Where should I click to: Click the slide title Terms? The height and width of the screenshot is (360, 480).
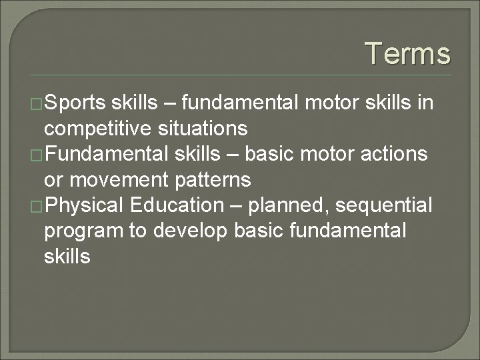408,53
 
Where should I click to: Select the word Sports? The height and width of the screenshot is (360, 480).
75,103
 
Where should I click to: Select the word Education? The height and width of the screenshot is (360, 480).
175,205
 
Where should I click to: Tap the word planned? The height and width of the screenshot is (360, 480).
289,205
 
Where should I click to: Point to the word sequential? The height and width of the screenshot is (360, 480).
384,205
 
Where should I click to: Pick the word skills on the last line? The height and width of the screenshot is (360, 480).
67,255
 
